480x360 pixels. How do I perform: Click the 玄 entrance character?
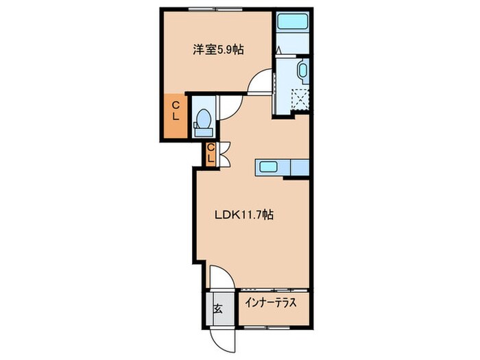217,308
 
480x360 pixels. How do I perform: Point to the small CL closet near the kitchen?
211,154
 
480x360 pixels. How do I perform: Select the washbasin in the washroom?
302,70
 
